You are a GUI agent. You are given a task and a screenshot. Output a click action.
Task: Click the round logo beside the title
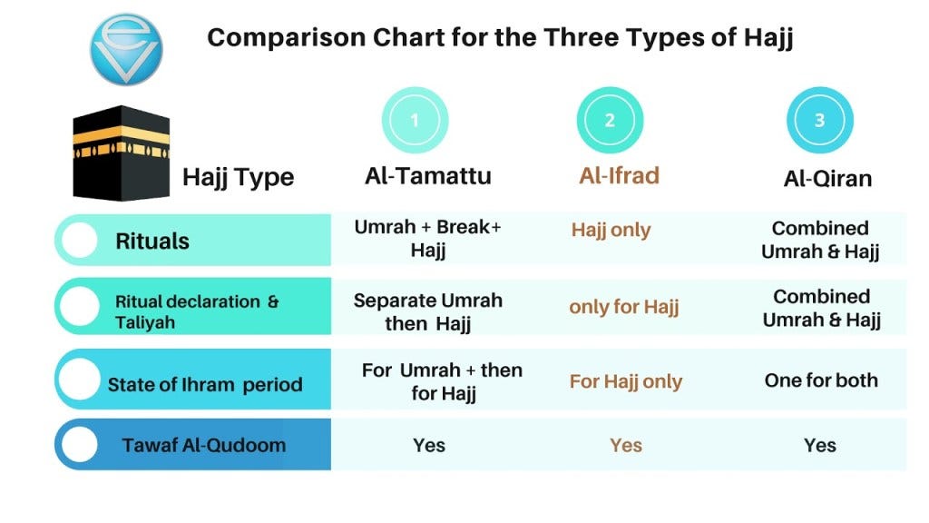126,49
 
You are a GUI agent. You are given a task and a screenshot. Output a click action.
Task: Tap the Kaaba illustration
121,153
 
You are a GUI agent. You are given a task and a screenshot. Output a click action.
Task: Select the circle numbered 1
415,120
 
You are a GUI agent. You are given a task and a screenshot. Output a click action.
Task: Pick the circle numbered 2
610,120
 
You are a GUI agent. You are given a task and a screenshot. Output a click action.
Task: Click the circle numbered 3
819,120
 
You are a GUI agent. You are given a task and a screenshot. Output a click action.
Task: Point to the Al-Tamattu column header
428,175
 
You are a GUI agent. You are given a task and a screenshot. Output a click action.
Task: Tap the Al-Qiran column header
827,178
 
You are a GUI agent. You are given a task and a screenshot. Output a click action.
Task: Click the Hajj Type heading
238,176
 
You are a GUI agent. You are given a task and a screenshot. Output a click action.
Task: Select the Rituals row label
152,242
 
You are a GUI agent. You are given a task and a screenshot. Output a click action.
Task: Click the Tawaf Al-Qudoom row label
204,445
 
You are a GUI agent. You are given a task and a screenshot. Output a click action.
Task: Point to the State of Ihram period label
205,384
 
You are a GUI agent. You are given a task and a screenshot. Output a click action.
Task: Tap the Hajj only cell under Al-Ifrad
611,230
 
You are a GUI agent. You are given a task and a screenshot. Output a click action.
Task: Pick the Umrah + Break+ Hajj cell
428,239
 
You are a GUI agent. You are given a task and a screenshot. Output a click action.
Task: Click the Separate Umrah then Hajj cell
428,311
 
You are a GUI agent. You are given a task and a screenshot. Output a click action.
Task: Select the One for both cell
821,380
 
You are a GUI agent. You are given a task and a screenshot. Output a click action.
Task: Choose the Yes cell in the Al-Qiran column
819,445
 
